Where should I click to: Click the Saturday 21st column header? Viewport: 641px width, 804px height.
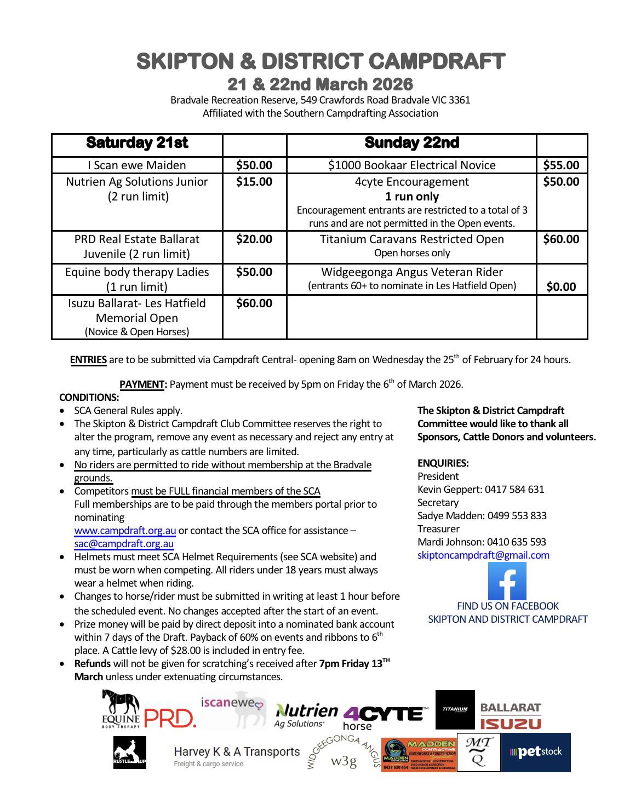click(x=137, y=143)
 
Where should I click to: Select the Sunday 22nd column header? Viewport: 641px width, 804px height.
click(x=411, y=143)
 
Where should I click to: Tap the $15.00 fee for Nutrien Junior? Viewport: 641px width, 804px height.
click(x=254, y=182)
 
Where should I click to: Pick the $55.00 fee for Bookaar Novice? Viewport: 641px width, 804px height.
click(x=561, y=165)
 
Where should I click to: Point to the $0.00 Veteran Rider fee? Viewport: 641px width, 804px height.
click(x=561, y=286)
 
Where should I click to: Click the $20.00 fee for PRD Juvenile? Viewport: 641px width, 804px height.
click(x=254, y=239)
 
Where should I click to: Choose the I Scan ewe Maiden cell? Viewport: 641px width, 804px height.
click(x=137, y=165)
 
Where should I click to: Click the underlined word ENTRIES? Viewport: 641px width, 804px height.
click(x=88, y=360)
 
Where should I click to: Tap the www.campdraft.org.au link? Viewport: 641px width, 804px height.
click(x=125, y=531)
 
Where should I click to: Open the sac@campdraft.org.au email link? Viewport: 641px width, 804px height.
click(x=124, y=544)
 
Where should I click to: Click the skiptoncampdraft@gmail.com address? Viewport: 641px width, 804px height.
click(x=483, y=555)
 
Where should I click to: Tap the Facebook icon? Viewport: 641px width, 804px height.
click(x=507, y=581)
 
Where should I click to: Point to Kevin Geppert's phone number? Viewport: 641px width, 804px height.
click(x=514, y=489)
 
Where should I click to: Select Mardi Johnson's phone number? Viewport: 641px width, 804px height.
click(x=516, y=542)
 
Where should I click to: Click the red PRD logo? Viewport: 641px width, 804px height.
click(x=170, y=718)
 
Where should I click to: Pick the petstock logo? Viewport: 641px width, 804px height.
click(x=536, y=752)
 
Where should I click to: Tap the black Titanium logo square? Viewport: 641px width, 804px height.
click(x=455, y=709)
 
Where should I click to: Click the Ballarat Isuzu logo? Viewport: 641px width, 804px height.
click(x=511, y=716)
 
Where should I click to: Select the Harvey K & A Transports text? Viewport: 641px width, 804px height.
click(x=237, y=752)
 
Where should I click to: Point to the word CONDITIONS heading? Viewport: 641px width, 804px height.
click(x=89, y=398)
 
